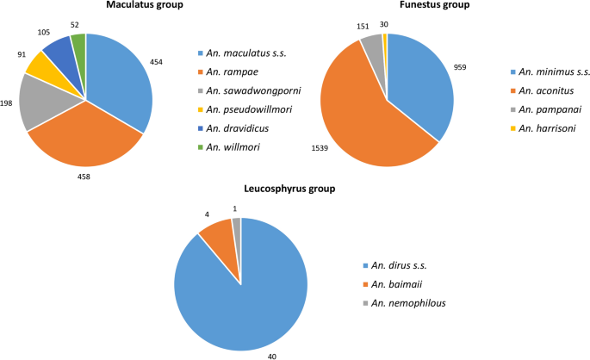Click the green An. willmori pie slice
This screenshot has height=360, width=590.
78,43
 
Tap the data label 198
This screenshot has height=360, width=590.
7,102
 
